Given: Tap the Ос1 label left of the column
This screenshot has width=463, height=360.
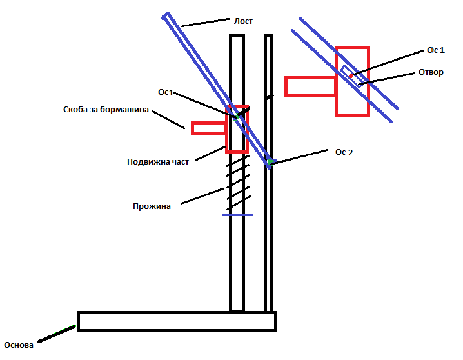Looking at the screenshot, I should (x=166, y=92).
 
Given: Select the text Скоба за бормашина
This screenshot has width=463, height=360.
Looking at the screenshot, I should (x=106, y=110).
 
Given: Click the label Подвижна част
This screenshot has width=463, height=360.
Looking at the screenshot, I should (x=158, y=161).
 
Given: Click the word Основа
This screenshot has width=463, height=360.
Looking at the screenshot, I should (x=18, y=345).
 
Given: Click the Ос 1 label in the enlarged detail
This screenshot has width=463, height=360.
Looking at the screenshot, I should (x=436, y=50).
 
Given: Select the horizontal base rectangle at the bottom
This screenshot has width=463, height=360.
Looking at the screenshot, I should (x=177, y=321).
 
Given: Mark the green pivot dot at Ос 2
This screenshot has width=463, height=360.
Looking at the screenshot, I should (x=272, y=162).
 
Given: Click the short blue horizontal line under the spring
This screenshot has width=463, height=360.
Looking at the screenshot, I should (x=237, y=215).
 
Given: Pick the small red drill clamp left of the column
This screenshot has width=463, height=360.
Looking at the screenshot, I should (x=208, y=128).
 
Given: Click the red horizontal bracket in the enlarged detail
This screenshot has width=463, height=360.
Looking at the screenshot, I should (x=310, y=86).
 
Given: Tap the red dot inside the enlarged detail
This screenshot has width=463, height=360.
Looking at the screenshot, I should (x=351, y=75).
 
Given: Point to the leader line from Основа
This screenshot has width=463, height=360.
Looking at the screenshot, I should (x=57, y=334).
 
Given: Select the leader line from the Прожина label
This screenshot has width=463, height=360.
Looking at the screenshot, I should (x=202, y=196).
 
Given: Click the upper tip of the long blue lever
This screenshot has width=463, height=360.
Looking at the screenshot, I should (x=167, y=15).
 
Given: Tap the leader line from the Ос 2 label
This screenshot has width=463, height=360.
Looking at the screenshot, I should (x=303, y=157).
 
